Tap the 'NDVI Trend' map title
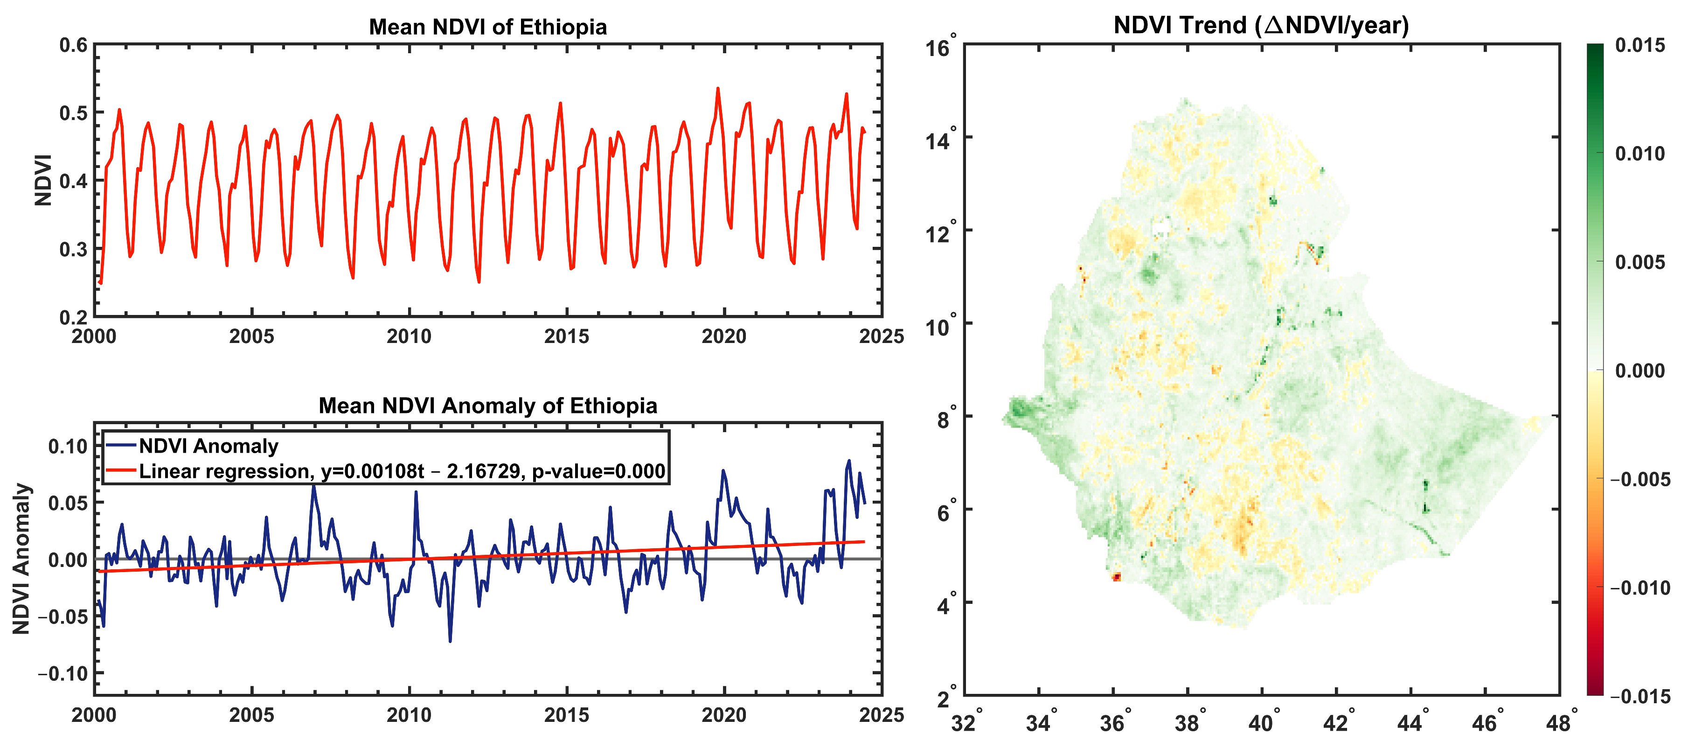click(1261, 26)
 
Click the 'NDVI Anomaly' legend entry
click(208, 447)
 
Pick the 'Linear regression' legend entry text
click(402, 471)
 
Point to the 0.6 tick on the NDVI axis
click(73, 45)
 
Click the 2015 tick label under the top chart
click(566, 337)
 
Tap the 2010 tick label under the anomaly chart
click(409, 715)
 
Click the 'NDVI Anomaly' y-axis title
click(21, 559)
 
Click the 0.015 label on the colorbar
click(1639, 45)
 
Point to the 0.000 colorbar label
click(1639, 371)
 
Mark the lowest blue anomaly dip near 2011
click(450, 641)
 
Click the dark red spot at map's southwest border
click(1117, 577)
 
